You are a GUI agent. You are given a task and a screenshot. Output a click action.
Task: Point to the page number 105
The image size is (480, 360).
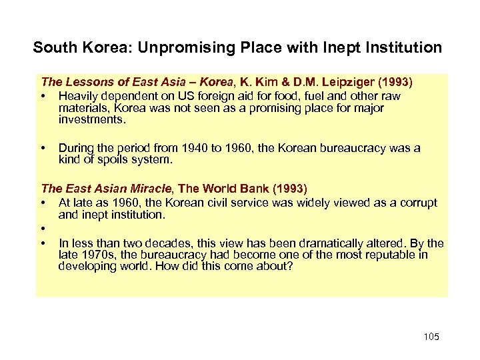click(431, 337)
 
